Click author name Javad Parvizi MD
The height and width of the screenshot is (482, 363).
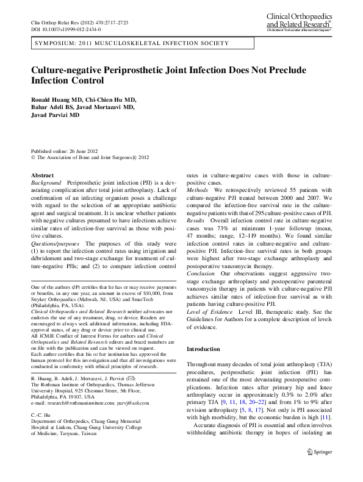tap(56, 115)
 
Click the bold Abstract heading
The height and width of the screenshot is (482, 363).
tap(42, 175)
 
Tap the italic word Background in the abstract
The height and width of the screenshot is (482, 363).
tap(46, 183)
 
